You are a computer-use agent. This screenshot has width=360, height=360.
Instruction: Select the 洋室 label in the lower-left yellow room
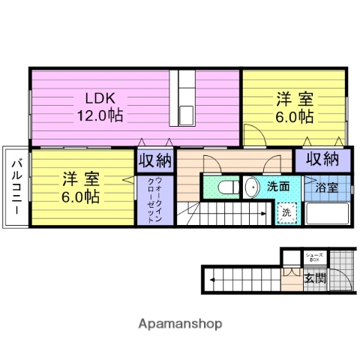click(80, 179)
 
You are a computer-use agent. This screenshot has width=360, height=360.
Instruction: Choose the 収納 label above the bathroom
click(321, 159)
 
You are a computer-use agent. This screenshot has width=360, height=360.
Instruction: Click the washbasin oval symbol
click(250, 186)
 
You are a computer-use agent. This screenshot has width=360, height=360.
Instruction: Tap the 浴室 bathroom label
click(326, 187)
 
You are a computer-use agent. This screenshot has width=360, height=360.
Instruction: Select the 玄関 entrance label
click(314, 279)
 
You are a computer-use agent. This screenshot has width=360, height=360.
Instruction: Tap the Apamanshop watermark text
click(180, 324)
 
